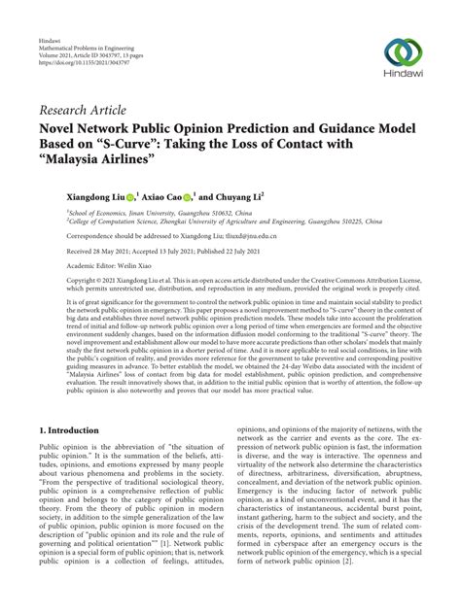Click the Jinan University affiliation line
161,212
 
